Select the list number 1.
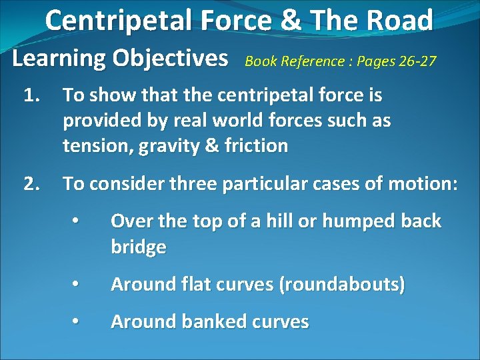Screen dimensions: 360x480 click(x=32, y=96)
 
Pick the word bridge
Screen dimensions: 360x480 click(x=138, y=247)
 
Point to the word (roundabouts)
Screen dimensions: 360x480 click(x=341, y=285)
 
